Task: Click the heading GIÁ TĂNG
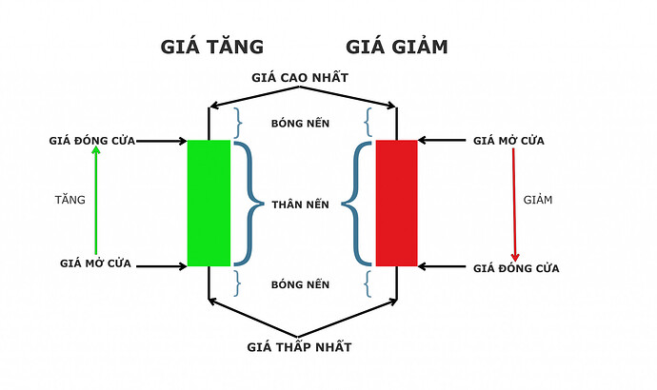[211, 47]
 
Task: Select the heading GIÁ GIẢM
[395, 47]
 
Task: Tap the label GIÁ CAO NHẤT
[302, 77]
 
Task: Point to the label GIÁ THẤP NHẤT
[300, 347]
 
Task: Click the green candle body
[209, 203]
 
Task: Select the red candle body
[396, 203]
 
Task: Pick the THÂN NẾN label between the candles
[301, 204]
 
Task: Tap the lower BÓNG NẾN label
[301, 284]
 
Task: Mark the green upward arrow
[95, 203]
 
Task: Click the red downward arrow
[515, 203]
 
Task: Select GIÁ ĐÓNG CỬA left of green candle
[91, 141]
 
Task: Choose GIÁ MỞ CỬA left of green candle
[95, 263]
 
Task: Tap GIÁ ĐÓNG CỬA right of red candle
[515, 268]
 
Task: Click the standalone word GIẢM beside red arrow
[539, 200]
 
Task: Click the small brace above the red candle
[368, 122]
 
